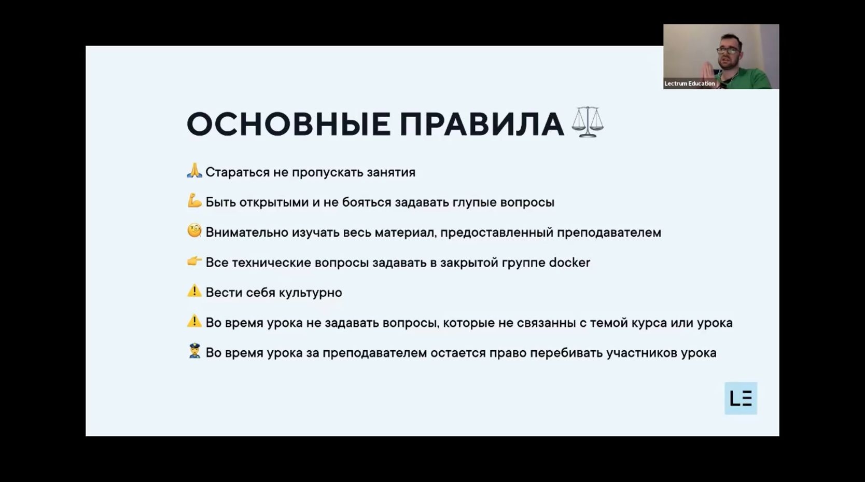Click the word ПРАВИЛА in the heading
coord(482,124)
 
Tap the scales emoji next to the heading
coord(588,122)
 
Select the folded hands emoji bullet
coord(194,171)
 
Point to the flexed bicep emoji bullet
coord(194,201)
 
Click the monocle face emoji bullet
coord(194,231)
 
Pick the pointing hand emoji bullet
coord(194,261)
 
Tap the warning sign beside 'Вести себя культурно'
coord(194,291)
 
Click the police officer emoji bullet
coord(194,351)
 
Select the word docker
coord(569,263)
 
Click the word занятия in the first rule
coord(391,172)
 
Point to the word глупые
coord(475,202)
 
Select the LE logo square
coord(741,398)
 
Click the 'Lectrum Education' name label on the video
coord(689,84)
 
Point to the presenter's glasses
coord(729,50)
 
